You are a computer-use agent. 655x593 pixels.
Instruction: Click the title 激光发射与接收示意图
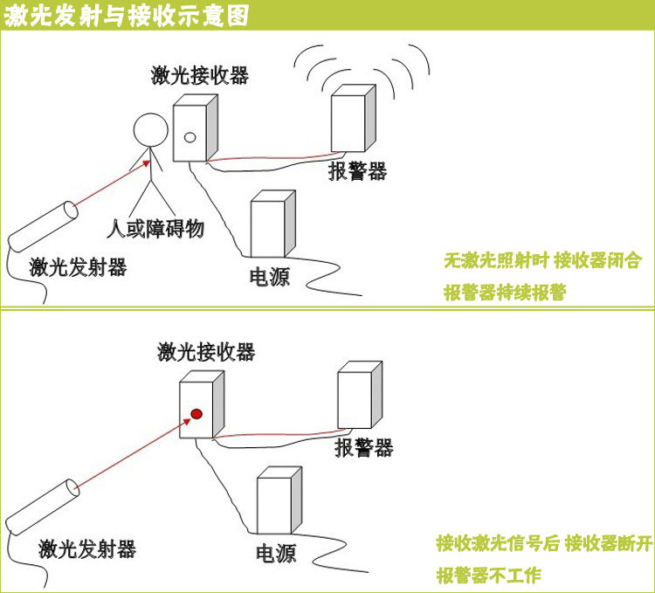point(127,16)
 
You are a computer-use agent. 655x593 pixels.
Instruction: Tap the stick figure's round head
point(149,130)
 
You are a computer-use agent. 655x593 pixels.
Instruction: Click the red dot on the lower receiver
point(196,413)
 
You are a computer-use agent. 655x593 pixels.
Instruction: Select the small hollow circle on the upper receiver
point(189,136)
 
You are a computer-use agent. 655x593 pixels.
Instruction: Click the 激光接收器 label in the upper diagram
point(200,74)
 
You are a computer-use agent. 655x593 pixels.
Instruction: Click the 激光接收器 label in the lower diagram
point(206,352)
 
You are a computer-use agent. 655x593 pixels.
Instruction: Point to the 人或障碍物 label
point(155,229)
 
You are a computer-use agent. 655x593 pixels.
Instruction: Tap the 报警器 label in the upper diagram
point(357,171)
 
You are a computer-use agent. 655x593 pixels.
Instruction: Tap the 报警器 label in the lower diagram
point(364,448)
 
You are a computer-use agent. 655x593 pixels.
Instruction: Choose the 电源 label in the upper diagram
point(270,277)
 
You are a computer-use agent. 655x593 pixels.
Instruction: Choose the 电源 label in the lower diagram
point(276,553)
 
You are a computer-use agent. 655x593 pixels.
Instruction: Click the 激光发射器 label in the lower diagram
point(87,548)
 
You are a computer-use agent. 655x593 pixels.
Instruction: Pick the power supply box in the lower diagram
point(279,504)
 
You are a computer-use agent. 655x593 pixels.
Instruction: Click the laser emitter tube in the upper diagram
point(44,224)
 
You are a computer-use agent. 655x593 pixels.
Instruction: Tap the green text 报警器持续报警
point(504,293)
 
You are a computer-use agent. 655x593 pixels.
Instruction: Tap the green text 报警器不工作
point(490,576)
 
